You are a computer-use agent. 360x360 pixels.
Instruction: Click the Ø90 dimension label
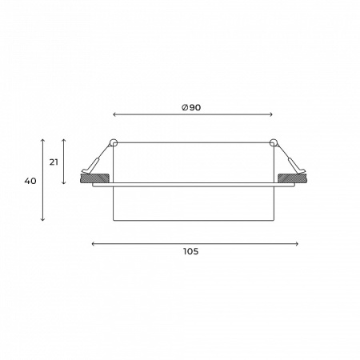tap(191, 107)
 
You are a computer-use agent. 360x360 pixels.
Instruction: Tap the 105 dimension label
tap(190, 251)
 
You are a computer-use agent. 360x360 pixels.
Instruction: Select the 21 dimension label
tap(54, 162)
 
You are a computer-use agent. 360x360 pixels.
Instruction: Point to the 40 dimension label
tap(30, 181)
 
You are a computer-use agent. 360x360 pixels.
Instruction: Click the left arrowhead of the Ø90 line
tap(114, 114)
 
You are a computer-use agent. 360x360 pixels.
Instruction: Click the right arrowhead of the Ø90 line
tap(271, 114)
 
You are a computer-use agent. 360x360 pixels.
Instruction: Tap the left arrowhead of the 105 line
tap(93, 244)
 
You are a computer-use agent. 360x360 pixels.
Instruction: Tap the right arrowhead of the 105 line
tap(297, 244)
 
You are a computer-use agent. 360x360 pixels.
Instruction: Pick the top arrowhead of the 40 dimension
tap(42, 140)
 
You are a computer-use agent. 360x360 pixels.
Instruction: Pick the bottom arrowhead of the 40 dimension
tap(42, 219)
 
